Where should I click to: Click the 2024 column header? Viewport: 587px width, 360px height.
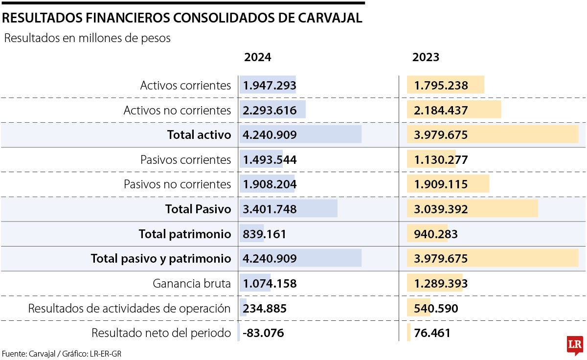[257, 57]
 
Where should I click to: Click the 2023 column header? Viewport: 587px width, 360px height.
[426, 57]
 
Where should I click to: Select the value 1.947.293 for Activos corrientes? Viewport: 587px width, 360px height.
[270, 86]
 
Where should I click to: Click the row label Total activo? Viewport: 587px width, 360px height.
[199, 135]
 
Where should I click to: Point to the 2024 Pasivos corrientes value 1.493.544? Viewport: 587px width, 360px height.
[270, 160]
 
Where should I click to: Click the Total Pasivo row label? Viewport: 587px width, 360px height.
[198, 209]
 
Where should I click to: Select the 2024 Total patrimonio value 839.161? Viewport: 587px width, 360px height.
[264, 234]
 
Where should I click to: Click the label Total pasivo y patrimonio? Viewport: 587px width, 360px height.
[160, 259]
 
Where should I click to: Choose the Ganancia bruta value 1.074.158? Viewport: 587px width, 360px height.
[270, 284]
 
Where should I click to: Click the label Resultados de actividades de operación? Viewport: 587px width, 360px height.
[129, 309]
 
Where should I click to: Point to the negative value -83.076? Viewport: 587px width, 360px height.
[263, 334]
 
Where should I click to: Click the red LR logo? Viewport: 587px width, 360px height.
[575, 345]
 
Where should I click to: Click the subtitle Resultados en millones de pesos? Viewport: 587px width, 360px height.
[87, 38]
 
